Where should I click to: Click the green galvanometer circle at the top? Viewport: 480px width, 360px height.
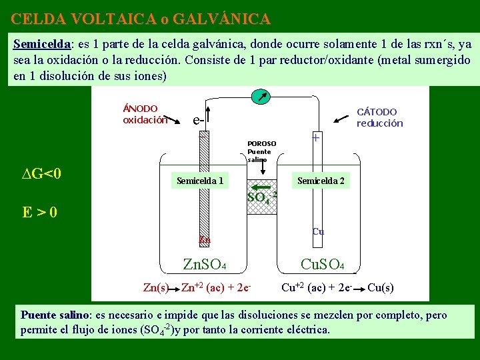coord(259,97)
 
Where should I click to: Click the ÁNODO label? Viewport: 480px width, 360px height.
coord(141,108)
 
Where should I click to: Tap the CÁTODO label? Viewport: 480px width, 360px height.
coord(377,112)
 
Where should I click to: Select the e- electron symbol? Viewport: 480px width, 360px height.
coord(199,121)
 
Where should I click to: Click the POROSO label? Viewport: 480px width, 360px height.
coord(261,143)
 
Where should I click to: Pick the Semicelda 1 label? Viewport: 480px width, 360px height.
coord(199,180)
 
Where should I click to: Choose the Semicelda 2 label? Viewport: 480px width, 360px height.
coord(321,180)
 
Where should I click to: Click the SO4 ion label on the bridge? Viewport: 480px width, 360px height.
coord(261,197)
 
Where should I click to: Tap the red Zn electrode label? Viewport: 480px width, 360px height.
coord(206,239)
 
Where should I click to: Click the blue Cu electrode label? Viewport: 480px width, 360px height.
coord(318,231)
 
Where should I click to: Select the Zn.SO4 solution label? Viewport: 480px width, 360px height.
coord(205,266)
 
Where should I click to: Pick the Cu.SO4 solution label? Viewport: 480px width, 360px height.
coord(322,265)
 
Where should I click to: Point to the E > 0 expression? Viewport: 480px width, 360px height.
coord(39,213)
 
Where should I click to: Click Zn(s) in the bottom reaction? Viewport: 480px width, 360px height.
coord(156,288)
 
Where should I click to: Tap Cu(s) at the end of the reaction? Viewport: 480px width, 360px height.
coord(381,288)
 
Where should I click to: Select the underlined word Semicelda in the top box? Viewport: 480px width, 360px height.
coord(42,43)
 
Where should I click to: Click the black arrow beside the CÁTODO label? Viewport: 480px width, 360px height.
coord(341,119)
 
